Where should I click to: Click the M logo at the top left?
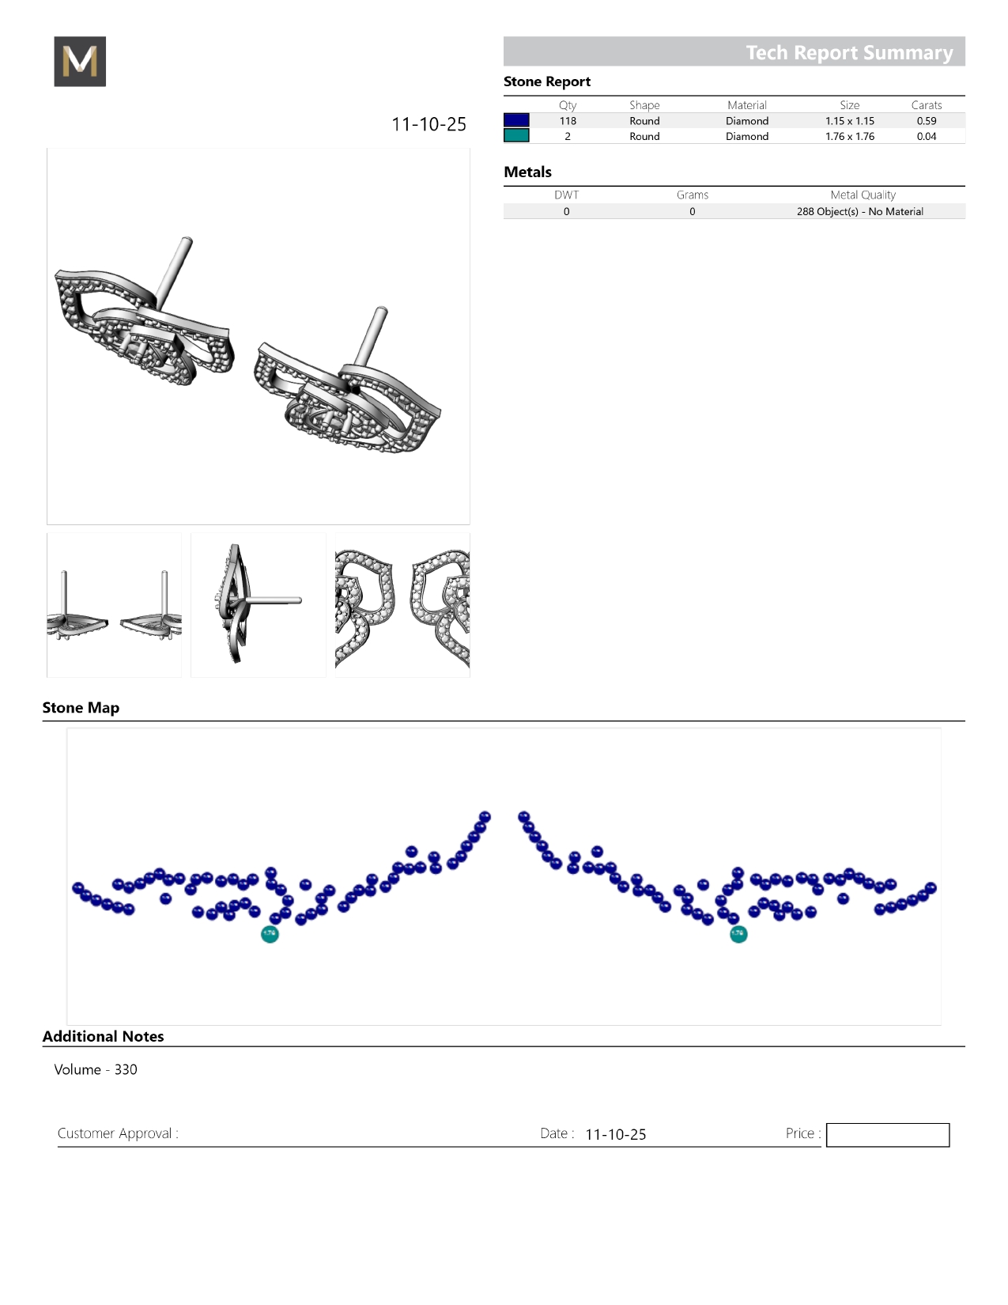tap(80, 62)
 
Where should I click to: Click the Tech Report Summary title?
tap(849, 52)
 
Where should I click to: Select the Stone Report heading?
tap(547, 81)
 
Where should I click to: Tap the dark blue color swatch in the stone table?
tap(516, 120)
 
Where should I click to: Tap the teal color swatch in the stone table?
tap(516, 136)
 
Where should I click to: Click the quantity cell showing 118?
tap(568, 121)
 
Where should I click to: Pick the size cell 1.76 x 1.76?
tap(850, 137)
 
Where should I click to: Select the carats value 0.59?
tap(927, 121)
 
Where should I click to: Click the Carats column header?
tap(927, 105)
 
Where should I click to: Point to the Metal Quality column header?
tap(863, 195)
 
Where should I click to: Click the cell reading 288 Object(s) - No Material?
tap(859, 212)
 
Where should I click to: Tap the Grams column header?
tap(693, 195)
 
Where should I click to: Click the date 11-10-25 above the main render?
tap(429, 124)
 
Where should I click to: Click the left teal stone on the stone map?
tap(270, 934)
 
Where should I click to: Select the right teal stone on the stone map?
tap(738, 934)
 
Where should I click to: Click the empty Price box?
tap(888, 1135)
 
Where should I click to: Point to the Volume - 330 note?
tap(96, 1069)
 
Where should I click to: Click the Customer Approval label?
tap(118, 1133)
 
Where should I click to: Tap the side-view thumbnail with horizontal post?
tap(259, 605)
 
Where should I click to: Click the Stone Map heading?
tap(81, 708)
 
